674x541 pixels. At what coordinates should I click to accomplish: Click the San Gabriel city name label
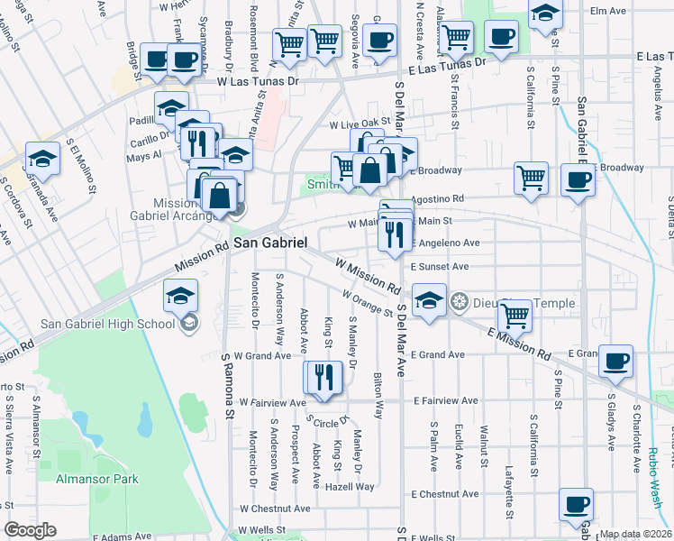[x=270, y=243]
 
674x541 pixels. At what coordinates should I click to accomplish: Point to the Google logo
[x=30, y=530]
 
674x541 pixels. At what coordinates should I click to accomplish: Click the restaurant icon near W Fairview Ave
[x=323, y=377]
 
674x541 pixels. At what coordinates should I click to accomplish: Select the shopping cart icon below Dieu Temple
[x=515, y=315]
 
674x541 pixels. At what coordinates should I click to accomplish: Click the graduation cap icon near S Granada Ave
[x=41, y=159]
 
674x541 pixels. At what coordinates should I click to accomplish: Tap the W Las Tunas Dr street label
[x=258, y=80]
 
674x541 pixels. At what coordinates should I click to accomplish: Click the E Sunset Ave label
[x=440, y=267]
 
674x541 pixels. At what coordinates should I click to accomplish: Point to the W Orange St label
[x=367, y=304]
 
